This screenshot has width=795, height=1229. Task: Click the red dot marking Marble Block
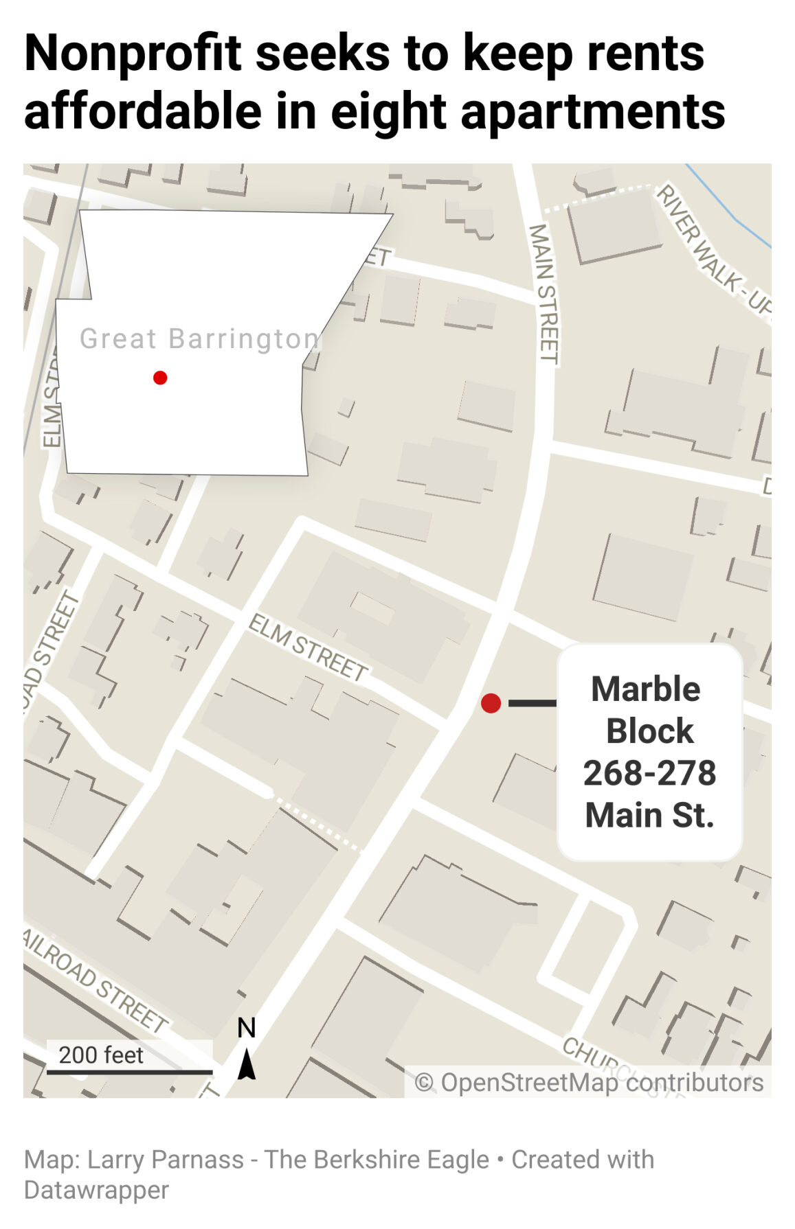point(491,702)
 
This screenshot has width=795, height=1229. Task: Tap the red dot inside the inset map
point(160,378)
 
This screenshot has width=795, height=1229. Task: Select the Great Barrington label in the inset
point(199,338)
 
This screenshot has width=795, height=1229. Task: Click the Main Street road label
point(544,293)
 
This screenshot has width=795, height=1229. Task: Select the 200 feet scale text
point(101,1055)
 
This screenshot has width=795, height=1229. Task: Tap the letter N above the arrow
point(247,1028)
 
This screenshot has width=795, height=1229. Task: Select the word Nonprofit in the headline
point(133,53)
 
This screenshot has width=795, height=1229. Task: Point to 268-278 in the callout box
point(649,773)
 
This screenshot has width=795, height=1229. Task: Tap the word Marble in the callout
point(645,689)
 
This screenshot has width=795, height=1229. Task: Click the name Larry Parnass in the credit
point(166,1160)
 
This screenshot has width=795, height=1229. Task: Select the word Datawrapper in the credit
point(96,1190)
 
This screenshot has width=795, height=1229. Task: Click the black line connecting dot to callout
point(532,702)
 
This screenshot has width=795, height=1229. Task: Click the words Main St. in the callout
point(649,815)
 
